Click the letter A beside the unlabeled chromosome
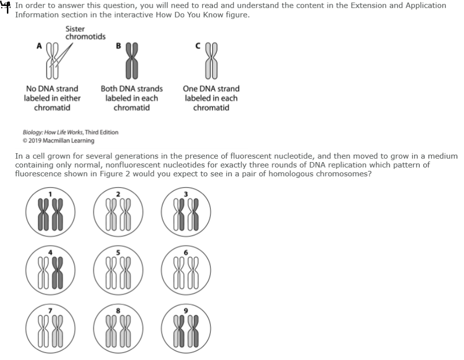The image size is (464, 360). [39, 46]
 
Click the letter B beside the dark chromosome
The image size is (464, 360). [118, 46]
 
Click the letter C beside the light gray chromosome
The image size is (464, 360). [198, 46]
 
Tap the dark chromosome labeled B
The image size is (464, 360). [132, 60]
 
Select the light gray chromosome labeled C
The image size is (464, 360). [211, 60]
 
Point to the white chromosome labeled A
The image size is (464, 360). [53, 60]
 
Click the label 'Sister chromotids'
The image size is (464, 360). [85, 33]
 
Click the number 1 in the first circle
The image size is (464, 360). [50, 194]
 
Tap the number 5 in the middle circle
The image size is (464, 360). [118, 252]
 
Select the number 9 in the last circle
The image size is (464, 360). [185, 310]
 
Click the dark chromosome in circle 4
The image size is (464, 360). [58, 273]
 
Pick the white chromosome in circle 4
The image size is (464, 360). [43, 273]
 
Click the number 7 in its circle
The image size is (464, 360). [50, 310]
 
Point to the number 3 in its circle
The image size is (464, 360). [185, 194]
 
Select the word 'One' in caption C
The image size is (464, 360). [190, 89]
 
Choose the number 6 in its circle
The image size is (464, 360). [185, 252]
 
